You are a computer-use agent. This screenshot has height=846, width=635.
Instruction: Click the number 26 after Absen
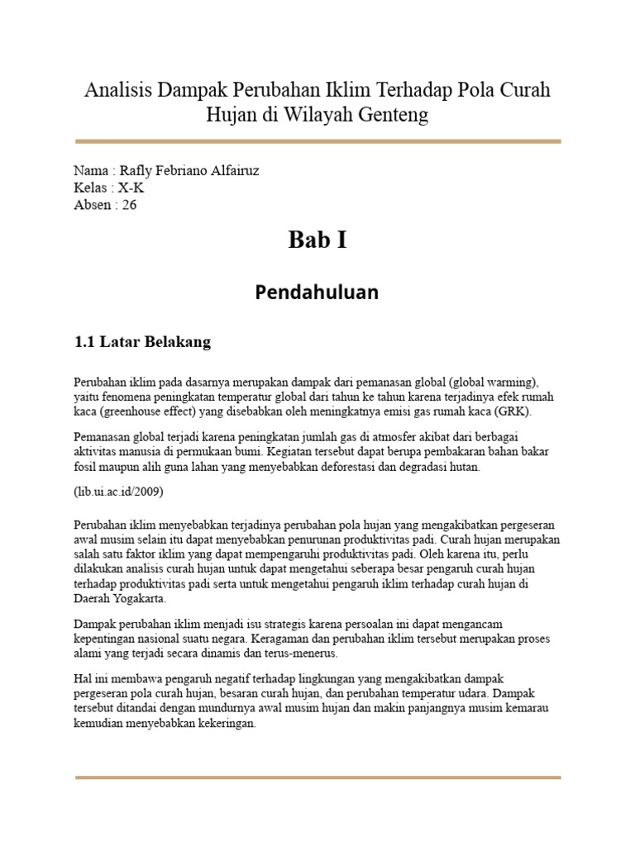129,205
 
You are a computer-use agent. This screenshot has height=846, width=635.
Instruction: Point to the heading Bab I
317,240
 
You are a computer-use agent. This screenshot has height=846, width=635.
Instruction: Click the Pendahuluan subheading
317,292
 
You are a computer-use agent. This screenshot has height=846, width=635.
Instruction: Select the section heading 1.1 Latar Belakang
142,342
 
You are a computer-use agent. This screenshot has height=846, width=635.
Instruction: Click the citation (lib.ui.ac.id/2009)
118,492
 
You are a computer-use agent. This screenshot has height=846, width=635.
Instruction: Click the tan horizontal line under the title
317,142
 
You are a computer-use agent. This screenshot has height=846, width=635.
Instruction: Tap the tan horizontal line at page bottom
317,777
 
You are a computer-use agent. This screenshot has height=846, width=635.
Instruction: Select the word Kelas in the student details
91,188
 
